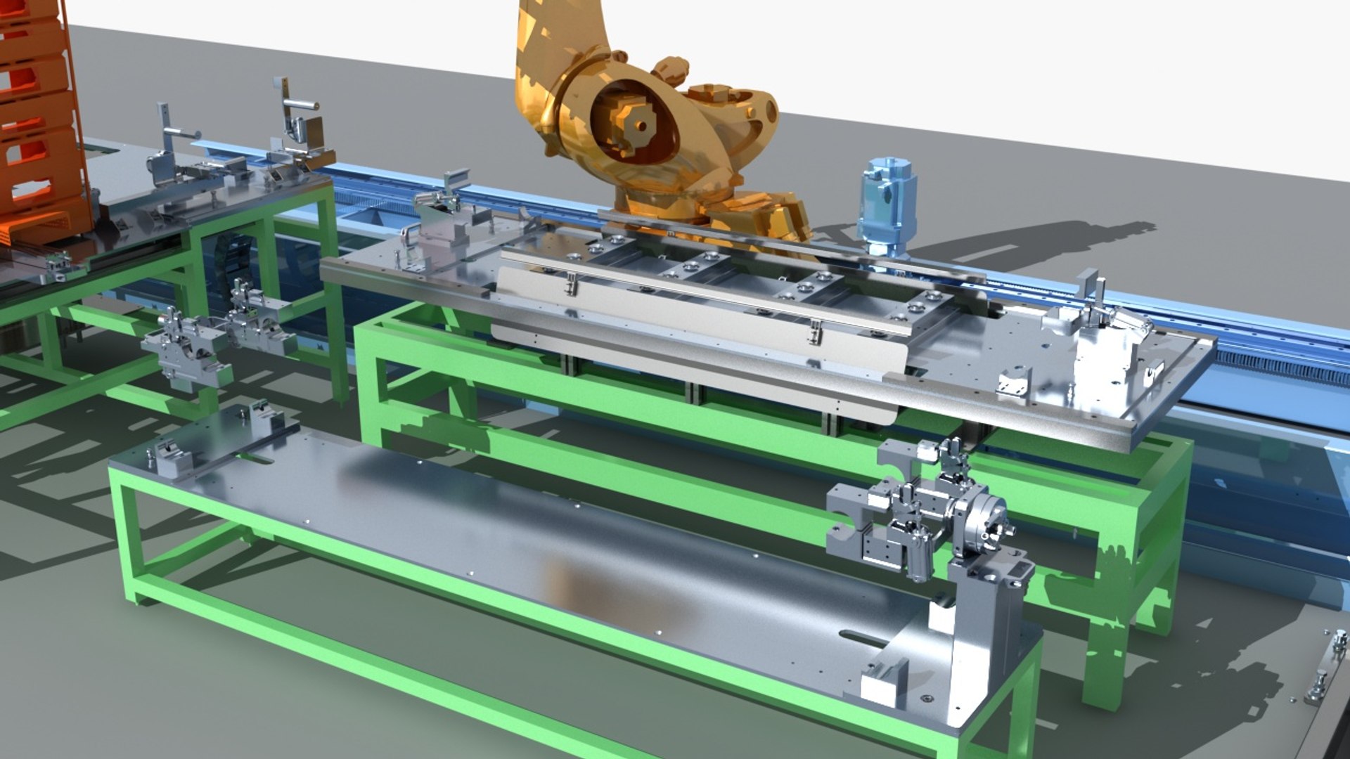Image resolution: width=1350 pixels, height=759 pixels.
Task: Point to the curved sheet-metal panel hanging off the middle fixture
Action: [696, 351]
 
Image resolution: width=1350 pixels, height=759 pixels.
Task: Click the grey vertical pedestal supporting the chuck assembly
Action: [984, 632]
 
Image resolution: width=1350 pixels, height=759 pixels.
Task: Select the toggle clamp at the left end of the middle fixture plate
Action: [439, 211]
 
